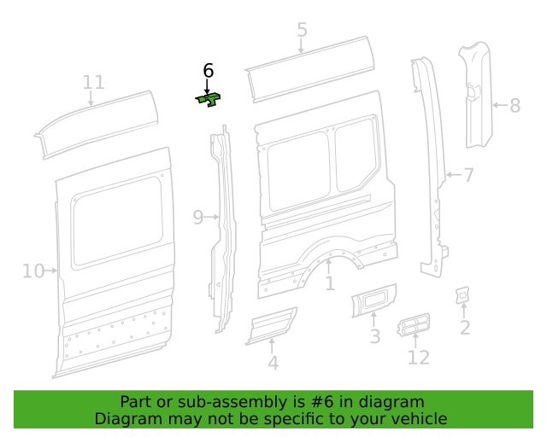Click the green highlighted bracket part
click(209, 100)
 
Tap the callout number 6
click(208, 71)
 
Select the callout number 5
click(302, 31)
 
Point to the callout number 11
click(94, 82)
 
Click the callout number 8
click(515, 106)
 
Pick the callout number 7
click(468, 176)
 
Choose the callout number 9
click(197, 218)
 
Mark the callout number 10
click(32, 271)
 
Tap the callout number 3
click(374, 336)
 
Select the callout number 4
click(273, 363)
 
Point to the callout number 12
click(418, 357)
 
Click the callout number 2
click(465, 328)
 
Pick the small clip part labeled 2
click(462, 294)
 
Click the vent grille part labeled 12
click(414, 325)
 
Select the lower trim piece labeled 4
click(272, 326)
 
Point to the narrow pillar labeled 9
click(224, 230)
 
